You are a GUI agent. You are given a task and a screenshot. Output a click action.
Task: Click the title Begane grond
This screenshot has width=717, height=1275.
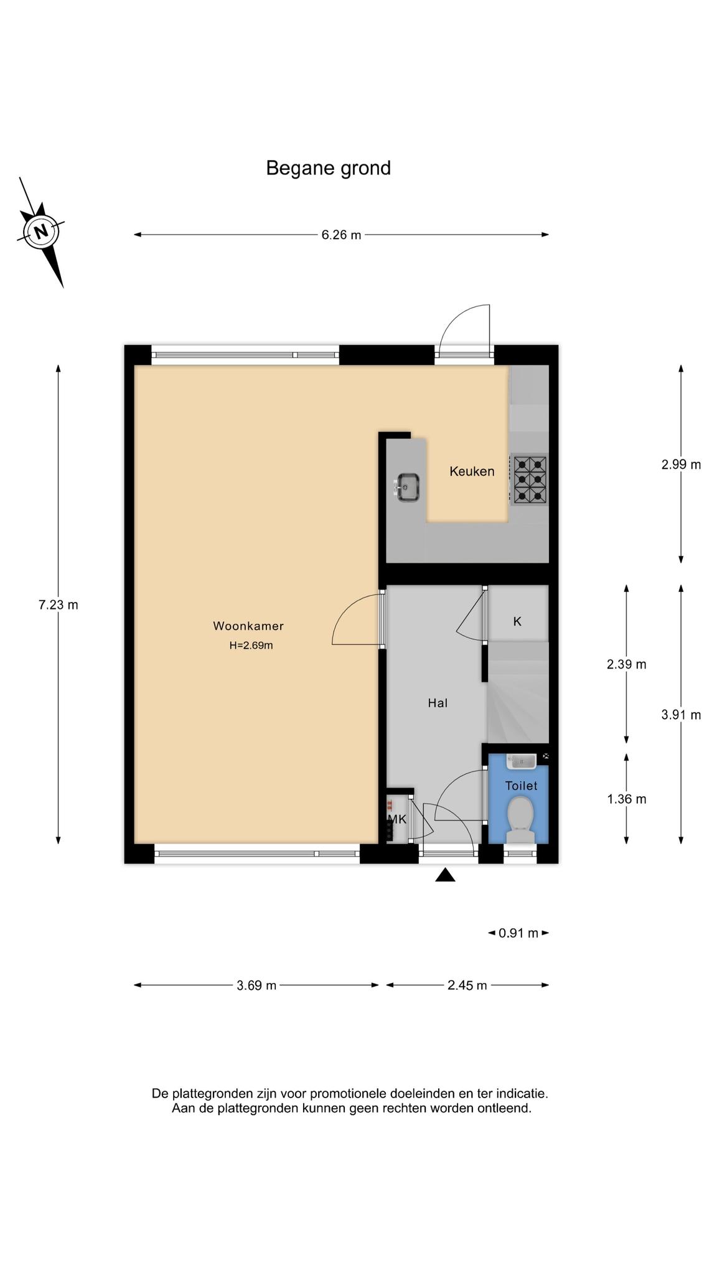tap(328, 168)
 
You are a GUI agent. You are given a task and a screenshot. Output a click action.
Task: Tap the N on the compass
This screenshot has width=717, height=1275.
tap(41, 232)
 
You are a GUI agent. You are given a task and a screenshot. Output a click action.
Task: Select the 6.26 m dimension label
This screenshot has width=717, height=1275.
tap(341, 235)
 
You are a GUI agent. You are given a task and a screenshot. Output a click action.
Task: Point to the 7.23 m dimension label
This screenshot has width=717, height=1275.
tap(59, 605)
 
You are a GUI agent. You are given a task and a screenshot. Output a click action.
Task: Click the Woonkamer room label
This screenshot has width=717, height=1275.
tap(248, 626)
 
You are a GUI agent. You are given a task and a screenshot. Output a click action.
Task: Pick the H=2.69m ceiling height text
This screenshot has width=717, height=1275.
tap(251, 646)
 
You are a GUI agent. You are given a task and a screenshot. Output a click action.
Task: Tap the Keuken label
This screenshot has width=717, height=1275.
tap(472, 471)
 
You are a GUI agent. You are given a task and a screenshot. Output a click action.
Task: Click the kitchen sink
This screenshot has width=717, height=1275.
tap(407, 487)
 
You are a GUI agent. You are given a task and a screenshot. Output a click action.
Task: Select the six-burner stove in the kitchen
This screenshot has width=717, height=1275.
tap(530, 479)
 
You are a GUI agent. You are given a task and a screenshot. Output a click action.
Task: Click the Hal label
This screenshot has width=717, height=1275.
tap(438, 703)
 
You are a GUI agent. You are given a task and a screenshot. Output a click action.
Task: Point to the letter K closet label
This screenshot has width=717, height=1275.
tap(517, 621)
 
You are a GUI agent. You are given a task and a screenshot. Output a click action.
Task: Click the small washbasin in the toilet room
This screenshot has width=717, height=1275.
tap(521, 761)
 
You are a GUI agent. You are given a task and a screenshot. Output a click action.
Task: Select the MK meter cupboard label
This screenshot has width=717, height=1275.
tap(397, 819)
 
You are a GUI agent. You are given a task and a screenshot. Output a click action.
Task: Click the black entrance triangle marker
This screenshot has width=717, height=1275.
tap(445, 875)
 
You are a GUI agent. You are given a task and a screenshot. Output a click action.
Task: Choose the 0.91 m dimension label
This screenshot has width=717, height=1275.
tap(518, 933)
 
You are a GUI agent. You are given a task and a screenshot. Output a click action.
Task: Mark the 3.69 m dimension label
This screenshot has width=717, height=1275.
tap(256, 986)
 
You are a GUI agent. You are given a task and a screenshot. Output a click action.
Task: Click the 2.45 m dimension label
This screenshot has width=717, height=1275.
tap(467, 986)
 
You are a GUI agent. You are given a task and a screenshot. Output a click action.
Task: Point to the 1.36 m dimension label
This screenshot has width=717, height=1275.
tap(627, 799)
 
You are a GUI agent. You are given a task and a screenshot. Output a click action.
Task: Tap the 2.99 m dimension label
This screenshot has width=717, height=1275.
tap(681, 464)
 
